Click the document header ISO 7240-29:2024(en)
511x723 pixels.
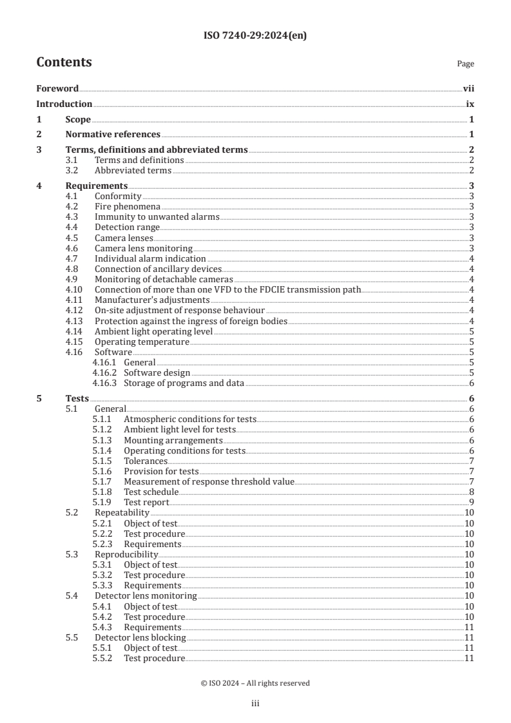255,36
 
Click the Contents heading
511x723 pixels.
64,63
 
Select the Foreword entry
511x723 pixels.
57,89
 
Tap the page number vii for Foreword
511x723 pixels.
468,89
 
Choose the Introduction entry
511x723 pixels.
64,104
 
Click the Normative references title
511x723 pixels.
113,135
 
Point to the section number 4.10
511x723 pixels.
75,290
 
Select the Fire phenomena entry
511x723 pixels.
128,207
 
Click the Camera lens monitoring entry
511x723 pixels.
143,248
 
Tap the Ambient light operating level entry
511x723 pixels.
153,331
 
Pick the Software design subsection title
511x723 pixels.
157,372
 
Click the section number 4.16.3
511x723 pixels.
104,383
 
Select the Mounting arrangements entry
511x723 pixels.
164,440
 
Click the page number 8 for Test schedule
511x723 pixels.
472,492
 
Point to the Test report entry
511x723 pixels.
146,502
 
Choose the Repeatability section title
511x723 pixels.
122,512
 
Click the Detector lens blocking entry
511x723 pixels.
140,637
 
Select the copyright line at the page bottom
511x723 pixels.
255,683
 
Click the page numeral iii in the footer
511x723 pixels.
255,704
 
